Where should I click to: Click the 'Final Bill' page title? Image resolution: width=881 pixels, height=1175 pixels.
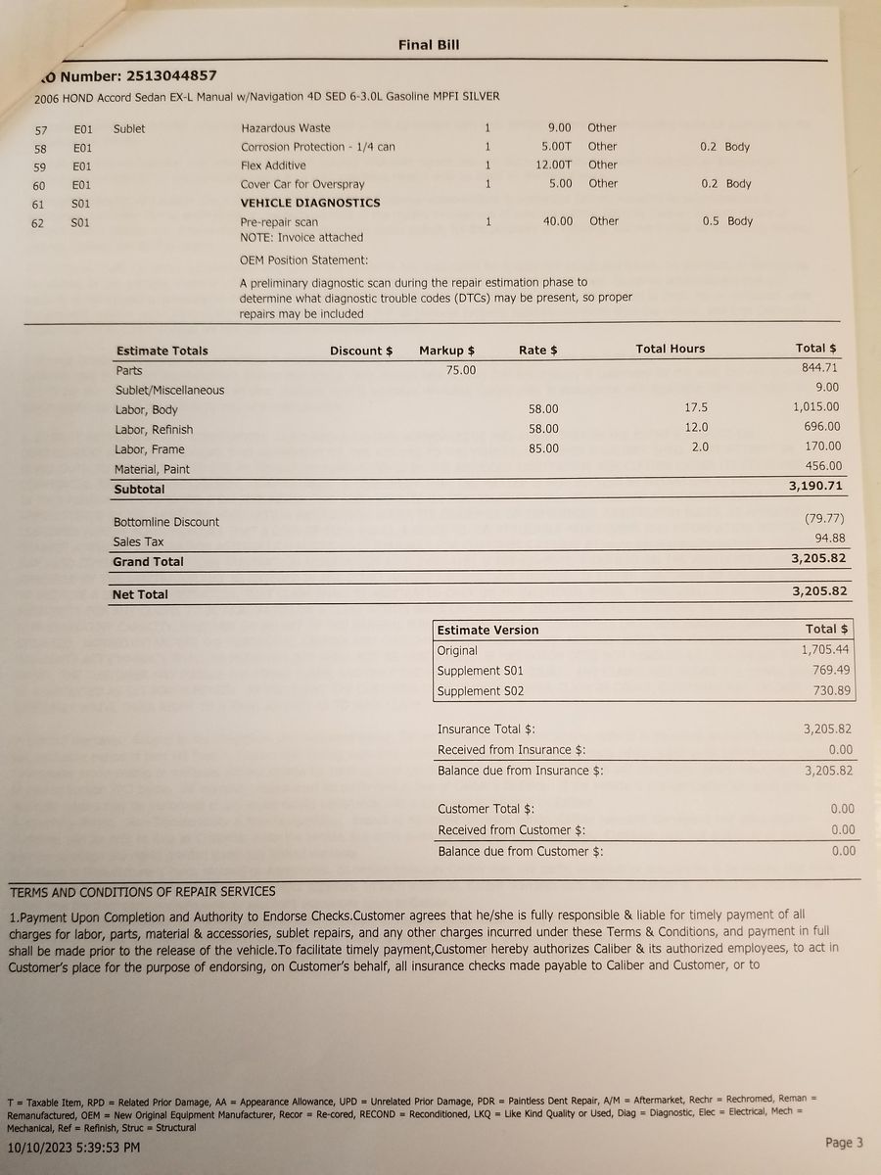click(x=429, y=44)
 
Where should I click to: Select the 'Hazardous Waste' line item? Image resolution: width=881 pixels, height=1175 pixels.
click(x=286, y=128)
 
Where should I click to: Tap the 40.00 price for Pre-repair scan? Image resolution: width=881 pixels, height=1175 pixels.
click(x=558, y=221)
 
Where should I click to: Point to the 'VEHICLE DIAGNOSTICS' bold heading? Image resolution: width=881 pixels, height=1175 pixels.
click(x=310, y=203)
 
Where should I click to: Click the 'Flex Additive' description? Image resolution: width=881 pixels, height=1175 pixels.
click(x=273, y=165)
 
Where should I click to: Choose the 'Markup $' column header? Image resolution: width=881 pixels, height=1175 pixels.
click(x=446, y=351)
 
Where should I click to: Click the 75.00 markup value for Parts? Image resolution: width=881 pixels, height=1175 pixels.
click(x=461, y=369)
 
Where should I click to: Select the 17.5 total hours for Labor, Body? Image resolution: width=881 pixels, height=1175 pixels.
click(x=697, y=407)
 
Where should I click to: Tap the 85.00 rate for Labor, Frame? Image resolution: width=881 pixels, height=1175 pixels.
click(x=543, y=448)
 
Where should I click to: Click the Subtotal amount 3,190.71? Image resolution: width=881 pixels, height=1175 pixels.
click(x=815, y=486)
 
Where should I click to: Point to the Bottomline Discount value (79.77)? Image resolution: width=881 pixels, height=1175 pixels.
click(x=823, y=519)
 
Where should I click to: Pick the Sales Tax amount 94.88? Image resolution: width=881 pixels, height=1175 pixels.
click(x=830, y=539)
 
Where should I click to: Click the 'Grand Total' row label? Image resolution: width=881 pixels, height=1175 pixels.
click(x=148, y=562)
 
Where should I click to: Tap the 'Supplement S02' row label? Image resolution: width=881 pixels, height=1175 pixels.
click(x=481, y=691)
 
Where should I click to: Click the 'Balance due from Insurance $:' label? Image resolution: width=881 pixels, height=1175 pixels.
click(x=521, y=771)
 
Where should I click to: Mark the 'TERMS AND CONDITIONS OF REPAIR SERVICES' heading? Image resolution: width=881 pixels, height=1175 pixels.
click(x=143, y=892)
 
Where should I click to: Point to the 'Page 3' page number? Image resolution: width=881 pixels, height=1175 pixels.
click(x=844, y=1143)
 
